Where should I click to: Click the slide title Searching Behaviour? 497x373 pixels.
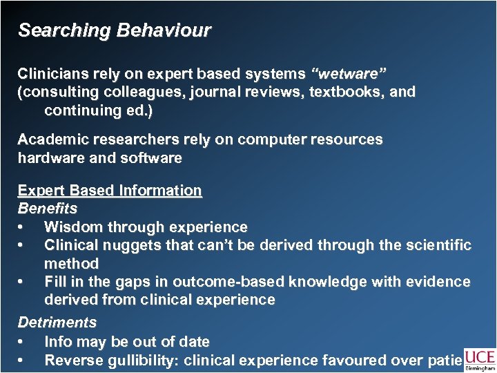[114, 31]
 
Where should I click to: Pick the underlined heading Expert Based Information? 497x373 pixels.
[110, 191]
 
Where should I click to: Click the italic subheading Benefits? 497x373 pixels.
[47, 208]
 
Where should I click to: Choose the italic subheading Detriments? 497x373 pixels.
[57, 323]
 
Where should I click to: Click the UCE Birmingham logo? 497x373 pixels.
[479, 359]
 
